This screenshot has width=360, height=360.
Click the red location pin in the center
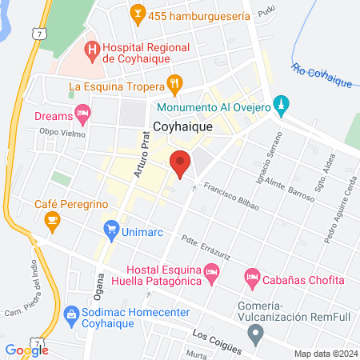[181, 163]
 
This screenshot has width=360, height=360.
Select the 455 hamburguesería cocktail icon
[137, 14]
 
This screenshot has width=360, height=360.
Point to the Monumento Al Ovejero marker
[280, 104]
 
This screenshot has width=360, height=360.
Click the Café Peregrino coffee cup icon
[52, 218]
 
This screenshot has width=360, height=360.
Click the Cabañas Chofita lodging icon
[252, 278]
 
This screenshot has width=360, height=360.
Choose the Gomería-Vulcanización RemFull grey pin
[256, 336]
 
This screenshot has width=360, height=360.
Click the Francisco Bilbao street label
[231, 197]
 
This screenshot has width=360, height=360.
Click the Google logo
[26, 350]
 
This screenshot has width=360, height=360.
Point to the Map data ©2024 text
[323, 354]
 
